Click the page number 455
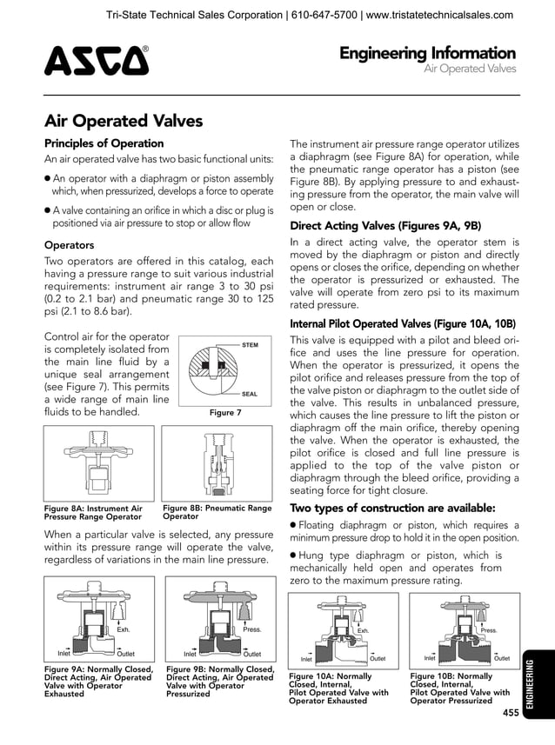(x=510, y=713)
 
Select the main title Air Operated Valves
(x=124, y=121)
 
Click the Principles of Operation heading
(x=104, y=143)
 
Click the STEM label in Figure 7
(x=250, y=345)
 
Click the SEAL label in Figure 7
(x=250, y=394)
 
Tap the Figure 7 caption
(x=225, y=414)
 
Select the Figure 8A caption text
(x=94, y=512)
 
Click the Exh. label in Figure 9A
(x=124, y=629)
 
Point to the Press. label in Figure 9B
(x=252, y=629)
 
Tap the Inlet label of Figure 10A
(x=306, y=660)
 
